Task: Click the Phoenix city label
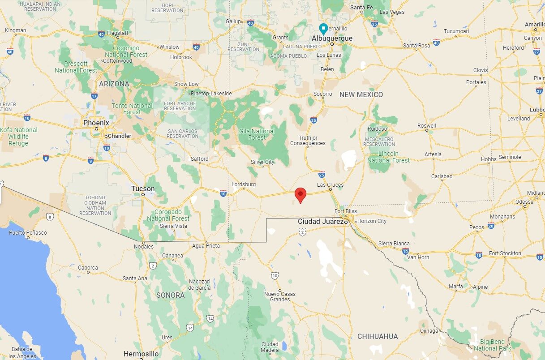pyautogui.click(x=96, y=123)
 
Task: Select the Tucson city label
pyautogui.click(x=143, y=189)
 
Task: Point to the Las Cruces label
pyautogui.click(x=330, y=184)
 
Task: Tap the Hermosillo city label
pyautogui.click(x=141, y=354)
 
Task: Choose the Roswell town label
pyautogui.click(x=426, y=126)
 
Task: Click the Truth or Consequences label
pyautogui.click(x=308, y=141)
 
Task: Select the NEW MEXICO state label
pyautogui.click(x=361, y=94)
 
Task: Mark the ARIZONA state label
pyautogui.click(x=114, y=84)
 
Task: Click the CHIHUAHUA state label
pyautogui.click(x=378, y=336)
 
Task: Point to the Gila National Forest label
pyautogui.click(x=257, y=134)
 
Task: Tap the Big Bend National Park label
pyautogui.click(x=492, y=345)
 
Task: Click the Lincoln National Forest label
pyautogui.click(x=388, y=157)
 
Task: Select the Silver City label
pyautogui.click(x=262, y=162)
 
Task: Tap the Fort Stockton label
pyautogui.click(x=505, y=253)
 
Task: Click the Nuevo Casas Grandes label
pyautogui.click(x=280, y=296)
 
